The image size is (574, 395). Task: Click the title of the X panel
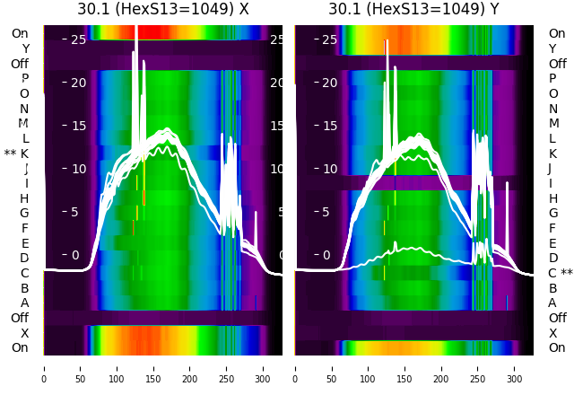coord(162,9)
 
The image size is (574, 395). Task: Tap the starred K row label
coord(17,154)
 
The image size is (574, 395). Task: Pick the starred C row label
coord(560,273)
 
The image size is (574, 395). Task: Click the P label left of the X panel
coord(24,79)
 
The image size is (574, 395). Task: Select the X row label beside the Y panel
coord(552,333)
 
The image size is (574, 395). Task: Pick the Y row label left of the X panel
coord(25,48)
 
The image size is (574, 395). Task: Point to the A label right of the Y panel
coord(552,303)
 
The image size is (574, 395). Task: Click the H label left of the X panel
coord(24,198)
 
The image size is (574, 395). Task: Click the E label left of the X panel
coord(24,243)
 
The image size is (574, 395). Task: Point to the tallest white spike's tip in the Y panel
coord(387,41)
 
